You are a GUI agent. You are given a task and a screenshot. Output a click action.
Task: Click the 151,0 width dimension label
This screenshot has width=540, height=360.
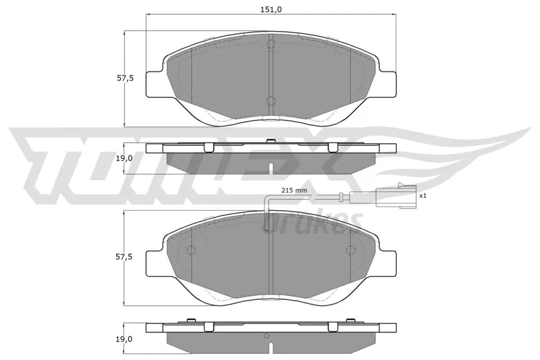pos(271,9)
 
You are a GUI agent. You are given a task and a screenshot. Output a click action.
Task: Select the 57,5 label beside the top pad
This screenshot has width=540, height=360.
pos(125,78)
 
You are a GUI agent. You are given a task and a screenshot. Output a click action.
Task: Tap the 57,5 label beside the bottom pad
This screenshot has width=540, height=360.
pos(125,257)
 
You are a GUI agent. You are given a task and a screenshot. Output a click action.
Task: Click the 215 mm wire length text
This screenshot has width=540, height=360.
pos(294,190)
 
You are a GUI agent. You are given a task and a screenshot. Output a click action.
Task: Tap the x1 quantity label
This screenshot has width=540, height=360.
pos(423,196)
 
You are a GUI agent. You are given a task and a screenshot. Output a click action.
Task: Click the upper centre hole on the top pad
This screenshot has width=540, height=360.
pos(271,44)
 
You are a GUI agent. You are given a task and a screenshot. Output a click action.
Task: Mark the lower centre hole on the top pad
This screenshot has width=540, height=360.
pos(271,101)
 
